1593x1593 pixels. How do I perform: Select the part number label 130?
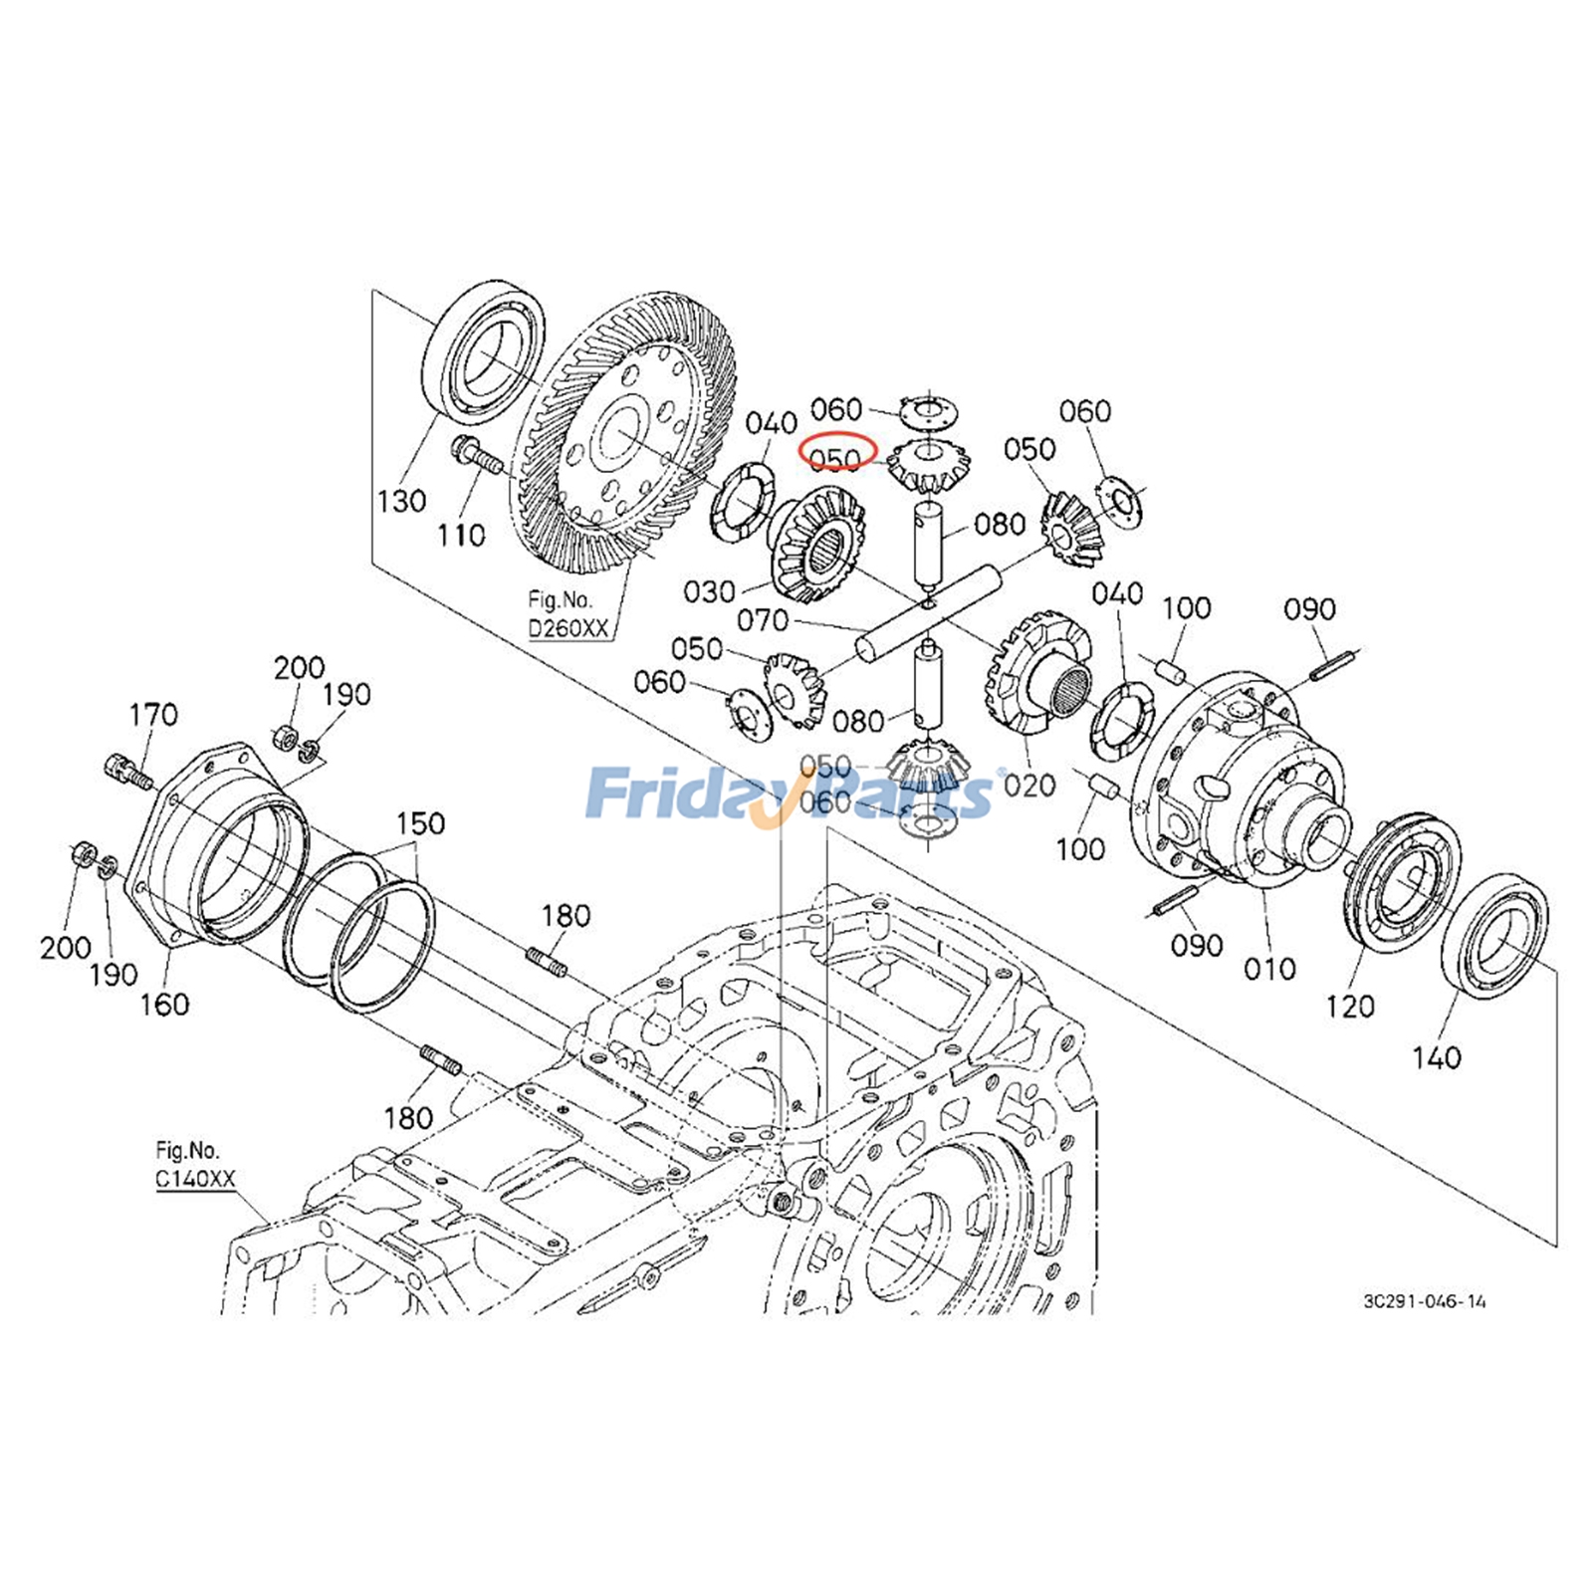[401, 501]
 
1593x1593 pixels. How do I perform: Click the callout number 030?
[709, 592]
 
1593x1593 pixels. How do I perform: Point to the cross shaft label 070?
[763, 621]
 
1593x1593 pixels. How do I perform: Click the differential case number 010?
[1269, 969]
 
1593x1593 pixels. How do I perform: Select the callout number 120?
[1349, 1007]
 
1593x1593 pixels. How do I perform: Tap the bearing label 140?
[1436, 1057]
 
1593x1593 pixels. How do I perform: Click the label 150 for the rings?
[420, 824]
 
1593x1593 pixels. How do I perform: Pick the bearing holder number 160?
[164, 1004]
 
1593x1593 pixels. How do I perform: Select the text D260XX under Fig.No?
[568, 629]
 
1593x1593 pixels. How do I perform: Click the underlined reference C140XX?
[195, 1180]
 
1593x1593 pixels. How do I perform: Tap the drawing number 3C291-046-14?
[1425, 1301]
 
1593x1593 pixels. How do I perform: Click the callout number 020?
[1028, 786]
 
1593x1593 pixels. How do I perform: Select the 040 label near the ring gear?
[772, 423]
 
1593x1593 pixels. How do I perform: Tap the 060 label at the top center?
[835, 409]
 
